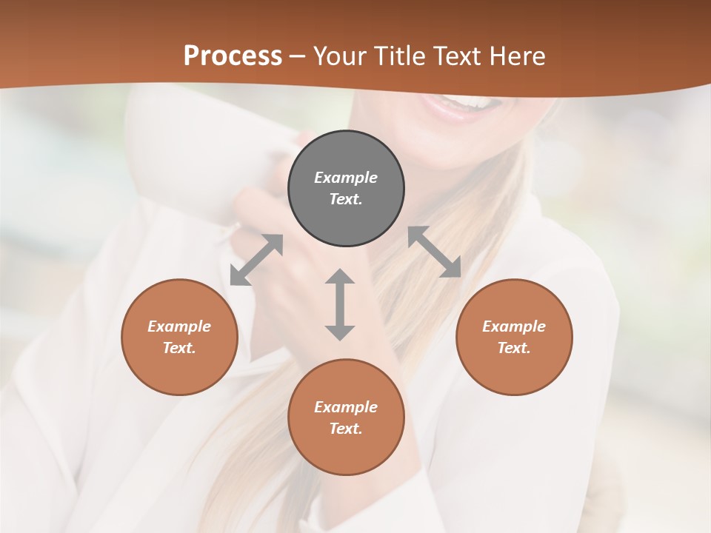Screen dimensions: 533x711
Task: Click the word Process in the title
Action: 233,56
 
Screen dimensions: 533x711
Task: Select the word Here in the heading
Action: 517,56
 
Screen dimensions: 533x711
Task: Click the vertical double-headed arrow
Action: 340,304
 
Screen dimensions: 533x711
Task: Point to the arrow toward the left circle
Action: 256,260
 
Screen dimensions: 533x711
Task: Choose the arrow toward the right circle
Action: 435,252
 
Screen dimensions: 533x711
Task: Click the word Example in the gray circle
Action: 346,178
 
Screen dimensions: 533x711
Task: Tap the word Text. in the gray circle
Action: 346,199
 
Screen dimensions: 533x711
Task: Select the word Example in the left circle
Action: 179,326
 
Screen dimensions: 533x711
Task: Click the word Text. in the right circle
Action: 514,348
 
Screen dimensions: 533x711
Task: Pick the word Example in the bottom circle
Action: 346,407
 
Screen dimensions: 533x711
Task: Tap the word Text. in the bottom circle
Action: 346,429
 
